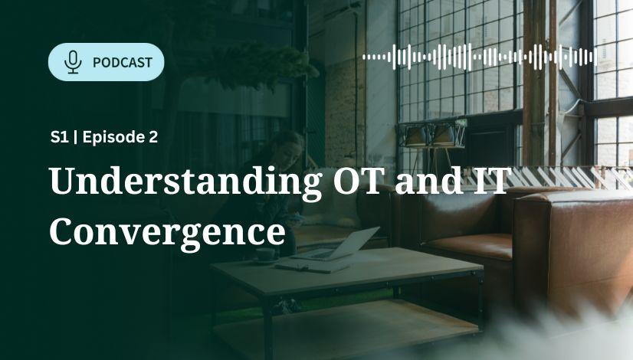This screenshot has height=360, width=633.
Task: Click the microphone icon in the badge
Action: click(x=73, y=62)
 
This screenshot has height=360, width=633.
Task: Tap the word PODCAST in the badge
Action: click(x=123, y=63)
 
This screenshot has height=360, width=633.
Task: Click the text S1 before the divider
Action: click(x=59, y=137)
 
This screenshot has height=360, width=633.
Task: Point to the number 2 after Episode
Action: click(x=153, y=137)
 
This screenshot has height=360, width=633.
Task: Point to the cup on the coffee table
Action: click(x=266, y=255)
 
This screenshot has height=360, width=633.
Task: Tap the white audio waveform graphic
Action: click(x=480, y=57)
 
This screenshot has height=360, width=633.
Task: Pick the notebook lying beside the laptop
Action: click(x=311, y=267)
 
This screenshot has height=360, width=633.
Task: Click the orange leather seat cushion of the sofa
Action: click(x=468, y=245)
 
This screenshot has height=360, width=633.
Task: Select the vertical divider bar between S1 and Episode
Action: click(x=76, y=137)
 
